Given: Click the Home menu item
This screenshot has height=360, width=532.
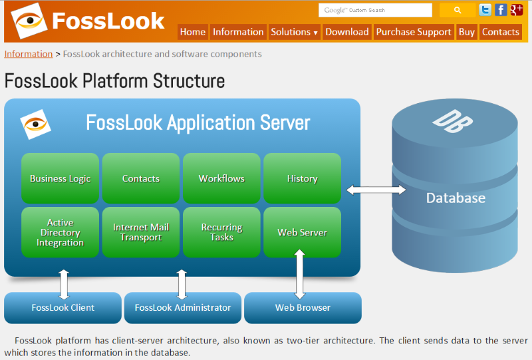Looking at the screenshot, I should click(x=193, y=32).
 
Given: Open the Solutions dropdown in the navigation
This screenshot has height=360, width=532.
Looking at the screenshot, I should click(x=294, y=32).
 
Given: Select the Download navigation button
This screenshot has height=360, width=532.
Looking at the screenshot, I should click(x=347, y=32).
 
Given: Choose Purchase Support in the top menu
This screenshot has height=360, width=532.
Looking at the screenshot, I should click(x=414, y=32).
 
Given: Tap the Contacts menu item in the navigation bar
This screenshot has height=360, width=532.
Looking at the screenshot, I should click(x=500, y=32).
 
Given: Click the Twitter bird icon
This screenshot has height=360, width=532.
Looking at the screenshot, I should click(x=485, y=10).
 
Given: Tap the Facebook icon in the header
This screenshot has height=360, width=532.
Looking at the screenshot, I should click(x=501, y=10).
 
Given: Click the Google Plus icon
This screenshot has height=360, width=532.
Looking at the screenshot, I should click(x=516, y=10).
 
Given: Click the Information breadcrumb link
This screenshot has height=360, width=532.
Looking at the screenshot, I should click(x=29, y=54).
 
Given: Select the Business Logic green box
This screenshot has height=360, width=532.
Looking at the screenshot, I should click(x=60, y=178).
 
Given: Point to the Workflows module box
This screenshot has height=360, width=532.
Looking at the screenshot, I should click(x=221, y=178).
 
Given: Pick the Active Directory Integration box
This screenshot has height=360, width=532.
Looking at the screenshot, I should click(x=60, y=232).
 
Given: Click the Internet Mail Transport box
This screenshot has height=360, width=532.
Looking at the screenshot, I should click(x=141, y=232).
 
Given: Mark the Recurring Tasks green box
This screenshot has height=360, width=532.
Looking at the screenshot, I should click(x=221, y=232).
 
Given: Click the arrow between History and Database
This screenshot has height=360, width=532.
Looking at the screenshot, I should click(x=376, y=190).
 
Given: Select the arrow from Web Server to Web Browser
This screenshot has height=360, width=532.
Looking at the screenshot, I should click(x=300, y=273).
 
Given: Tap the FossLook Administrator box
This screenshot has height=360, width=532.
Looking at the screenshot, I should click(x=183, y=307).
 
